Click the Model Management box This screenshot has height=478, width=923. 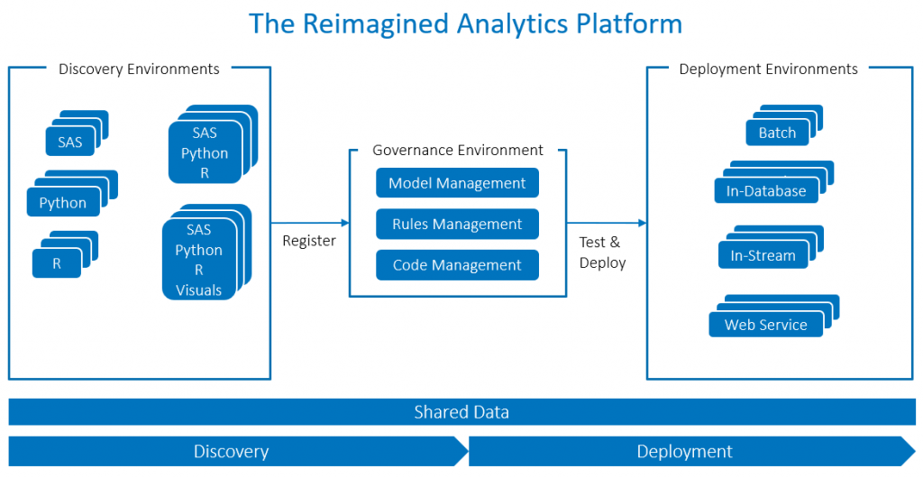457,183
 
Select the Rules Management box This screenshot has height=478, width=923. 457,224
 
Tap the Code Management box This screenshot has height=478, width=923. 457,265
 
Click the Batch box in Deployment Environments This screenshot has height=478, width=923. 777,133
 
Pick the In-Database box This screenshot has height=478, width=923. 766,191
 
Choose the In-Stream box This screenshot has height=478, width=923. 763,255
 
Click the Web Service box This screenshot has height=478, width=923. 766,325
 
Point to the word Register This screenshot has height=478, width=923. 309,241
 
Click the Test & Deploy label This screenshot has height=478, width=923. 602,252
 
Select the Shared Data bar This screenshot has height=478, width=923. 461,412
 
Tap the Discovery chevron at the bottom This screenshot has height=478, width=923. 233,451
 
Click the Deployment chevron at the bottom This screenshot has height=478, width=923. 685,451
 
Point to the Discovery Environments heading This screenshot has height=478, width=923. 139,69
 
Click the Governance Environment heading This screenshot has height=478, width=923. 458,150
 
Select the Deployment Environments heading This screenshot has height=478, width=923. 768,69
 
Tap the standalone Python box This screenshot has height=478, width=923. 63,203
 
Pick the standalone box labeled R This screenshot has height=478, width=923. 57,264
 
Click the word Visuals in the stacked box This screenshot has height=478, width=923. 198,290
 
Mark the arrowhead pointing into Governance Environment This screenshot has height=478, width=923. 344,223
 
